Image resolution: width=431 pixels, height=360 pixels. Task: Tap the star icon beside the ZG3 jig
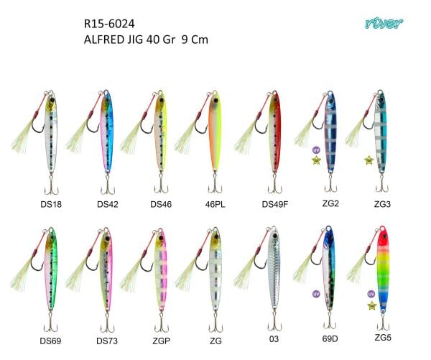tap(367, 160)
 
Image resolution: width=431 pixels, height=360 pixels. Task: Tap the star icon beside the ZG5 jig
tap(371, 305)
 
